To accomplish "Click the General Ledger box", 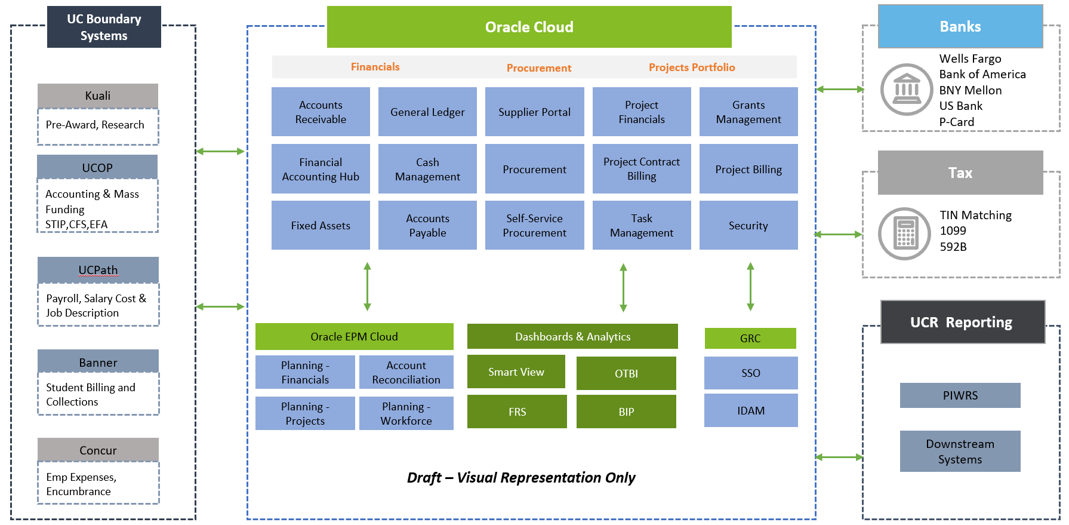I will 427,112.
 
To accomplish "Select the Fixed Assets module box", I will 321,225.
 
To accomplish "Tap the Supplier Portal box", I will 534,112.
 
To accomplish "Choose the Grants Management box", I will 748,112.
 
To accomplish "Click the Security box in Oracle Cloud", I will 748,225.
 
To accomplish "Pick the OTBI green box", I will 626,373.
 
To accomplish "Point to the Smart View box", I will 516,372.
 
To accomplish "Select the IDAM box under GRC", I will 751,410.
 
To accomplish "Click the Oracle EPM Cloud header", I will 354,336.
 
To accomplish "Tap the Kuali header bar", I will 98,96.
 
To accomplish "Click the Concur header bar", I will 98,450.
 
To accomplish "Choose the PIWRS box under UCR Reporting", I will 960,395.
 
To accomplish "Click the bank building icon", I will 907,90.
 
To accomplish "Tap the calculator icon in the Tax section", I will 905,234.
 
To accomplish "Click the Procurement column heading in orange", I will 539,68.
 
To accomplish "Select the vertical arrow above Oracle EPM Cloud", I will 368,287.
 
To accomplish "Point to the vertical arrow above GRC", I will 750,287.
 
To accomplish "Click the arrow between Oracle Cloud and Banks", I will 840,90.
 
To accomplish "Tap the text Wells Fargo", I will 970,59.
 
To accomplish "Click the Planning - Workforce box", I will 406,413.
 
